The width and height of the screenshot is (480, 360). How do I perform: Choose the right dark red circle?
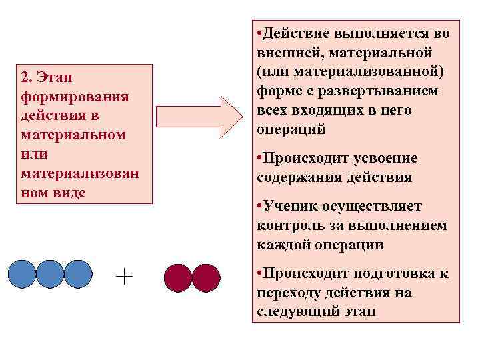pyautogui.click(x=205, y=278)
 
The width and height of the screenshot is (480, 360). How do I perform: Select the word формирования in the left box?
pyautogui.click(x=75, y=97)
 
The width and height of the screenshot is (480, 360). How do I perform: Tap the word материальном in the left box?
pyautogui.click(x=73, y=135)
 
